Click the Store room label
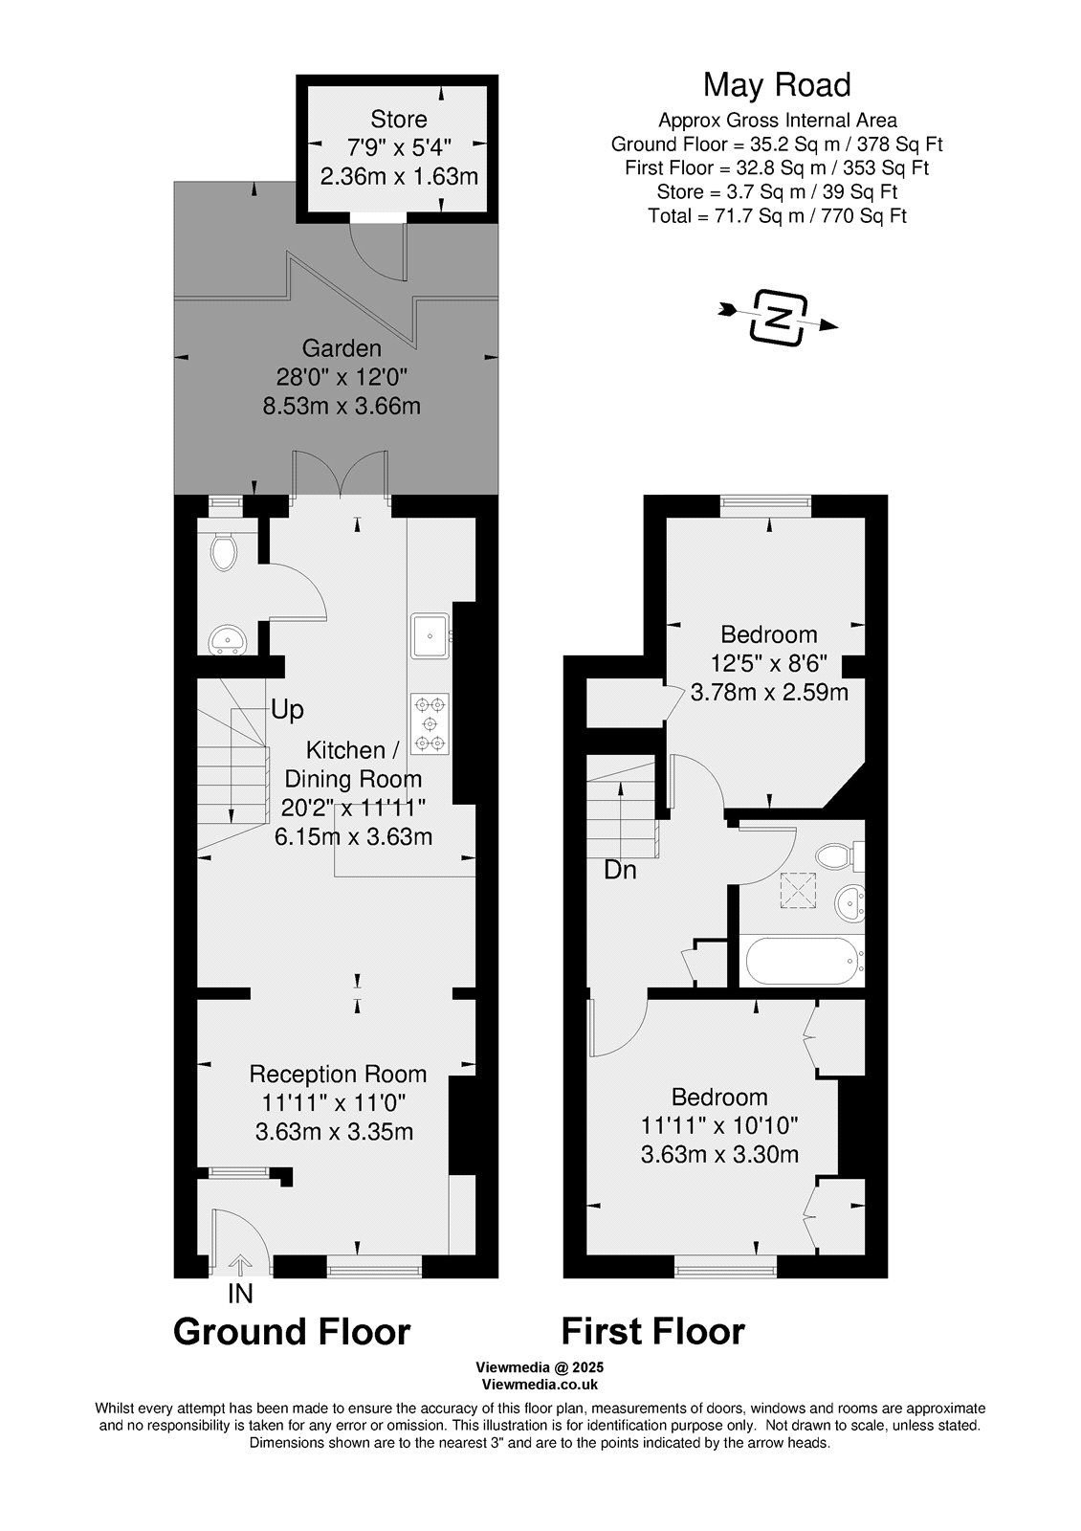click(399, 119)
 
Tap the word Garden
click(342, 348)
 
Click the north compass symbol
click(779, 318)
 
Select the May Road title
click(777, 85)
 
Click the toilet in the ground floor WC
click(224, 552)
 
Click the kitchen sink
click(430, 635)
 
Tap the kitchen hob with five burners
click(430, 723)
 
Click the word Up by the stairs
click(287, 710)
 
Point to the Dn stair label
click(620, 870)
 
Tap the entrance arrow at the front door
click(239, 1265)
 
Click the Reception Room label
click(338, 1075)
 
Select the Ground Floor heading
click(292, 1332)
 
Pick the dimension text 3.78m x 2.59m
click(769, 693)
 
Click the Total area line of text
click(777, 216)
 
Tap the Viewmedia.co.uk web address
click(540, 1385)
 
